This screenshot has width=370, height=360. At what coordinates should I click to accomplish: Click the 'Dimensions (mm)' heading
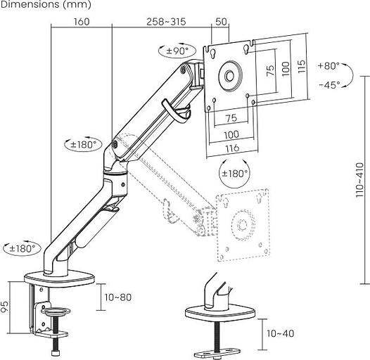[x=46, y=4]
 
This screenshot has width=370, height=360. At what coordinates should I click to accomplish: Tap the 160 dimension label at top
[x=82, y=22]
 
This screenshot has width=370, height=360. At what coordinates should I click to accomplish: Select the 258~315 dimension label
[x=166, y=22]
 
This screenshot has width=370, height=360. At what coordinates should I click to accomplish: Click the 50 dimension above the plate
[x=221, y=22]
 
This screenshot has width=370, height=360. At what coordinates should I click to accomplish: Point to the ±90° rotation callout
[x=177, y=51]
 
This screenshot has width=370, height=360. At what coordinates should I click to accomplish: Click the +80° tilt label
[x=328, y=65]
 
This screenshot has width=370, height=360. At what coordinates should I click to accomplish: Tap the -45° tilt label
[x=330, y=84]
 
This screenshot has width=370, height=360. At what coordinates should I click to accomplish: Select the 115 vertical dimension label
[x=302, y=66]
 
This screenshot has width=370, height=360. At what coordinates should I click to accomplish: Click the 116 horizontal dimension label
[x=232, y=148]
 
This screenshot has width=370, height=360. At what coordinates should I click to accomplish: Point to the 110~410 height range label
[x=360, y=180]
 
